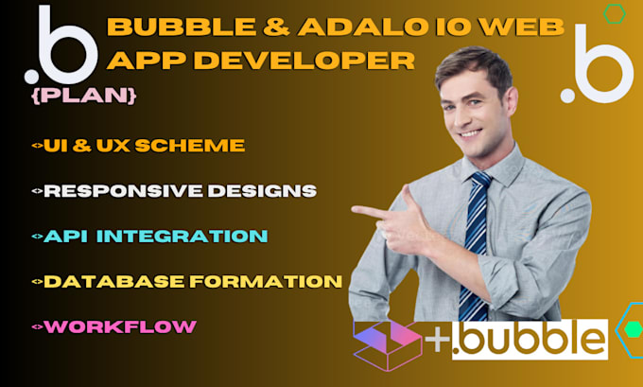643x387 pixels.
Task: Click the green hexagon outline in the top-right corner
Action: pyautogui.click(x=615, y=13)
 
